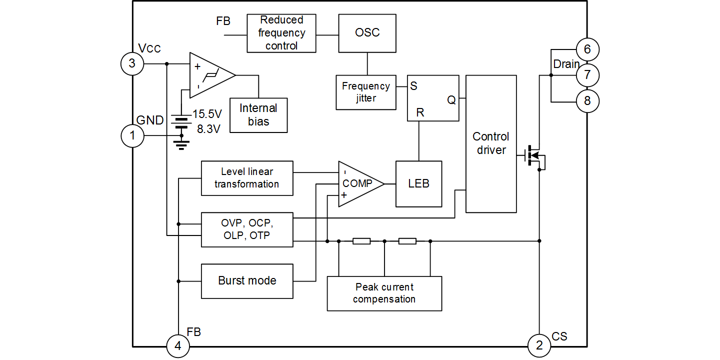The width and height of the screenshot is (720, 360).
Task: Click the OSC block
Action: coord(367,33)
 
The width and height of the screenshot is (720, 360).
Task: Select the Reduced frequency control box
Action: coord(281,33)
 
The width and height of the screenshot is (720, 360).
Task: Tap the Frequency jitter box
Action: coord(366,92)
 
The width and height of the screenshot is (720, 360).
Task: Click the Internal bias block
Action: coord(258,115)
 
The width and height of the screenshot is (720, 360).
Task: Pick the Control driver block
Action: coord(491,144)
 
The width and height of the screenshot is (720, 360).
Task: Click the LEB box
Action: coord(419,183)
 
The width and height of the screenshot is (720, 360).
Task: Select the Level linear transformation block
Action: coord(247,178)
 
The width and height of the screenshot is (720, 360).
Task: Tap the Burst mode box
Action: coord(247,281)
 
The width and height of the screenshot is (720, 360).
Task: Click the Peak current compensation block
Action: coord(384,293)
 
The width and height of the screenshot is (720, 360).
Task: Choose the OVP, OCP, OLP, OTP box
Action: coord(247,229)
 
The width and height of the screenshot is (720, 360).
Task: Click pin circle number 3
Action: coord(132,63)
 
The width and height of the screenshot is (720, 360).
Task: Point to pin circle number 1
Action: coord(132,136)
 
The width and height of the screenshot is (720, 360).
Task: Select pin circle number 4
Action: coord(178,346)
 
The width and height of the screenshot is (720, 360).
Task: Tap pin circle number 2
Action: coord(539,345)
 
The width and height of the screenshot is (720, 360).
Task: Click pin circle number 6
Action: coord(587,49)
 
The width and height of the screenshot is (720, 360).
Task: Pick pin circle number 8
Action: coord(587,101)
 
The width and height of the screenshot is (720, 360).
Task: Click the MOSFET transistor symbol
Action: coord(534,156)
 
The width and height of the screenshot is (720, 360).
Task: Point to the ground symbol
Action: coord(181,144)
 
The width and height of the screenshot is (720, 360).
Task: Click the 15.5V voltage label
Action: coord(207,113)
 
